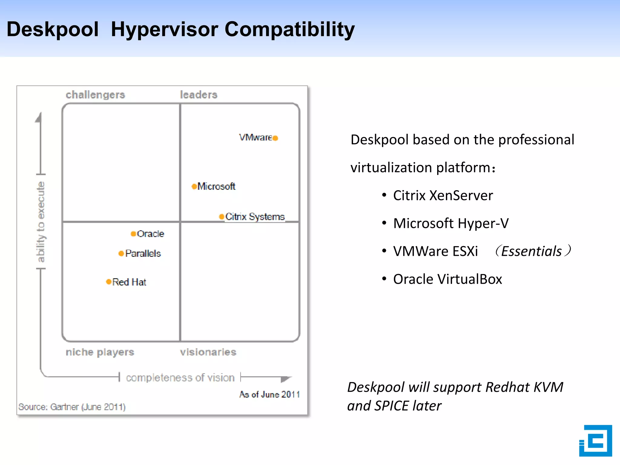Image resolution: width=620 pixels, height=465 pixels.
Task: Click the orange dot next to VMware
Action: pyautogui.click(x=275, y=138)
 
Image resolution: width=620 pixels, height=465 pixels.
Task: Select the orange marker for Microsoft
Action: pyautogui.click(x=194, y=186)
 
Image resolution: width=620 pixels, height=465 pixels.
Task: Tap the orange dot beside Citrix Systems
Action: pyautogui.click(x=222, y=216)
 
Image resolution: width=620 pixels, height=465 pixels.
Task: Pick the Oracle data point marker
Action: pyautogui.click(x=133, y=234)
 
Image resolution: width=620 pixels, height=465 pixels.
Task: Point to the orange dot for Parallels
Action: pyautogui.click(x=121, y=253)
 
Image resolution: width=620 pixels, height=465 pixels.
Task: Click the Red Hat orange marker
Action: pyautogui.click(x=109, y=282)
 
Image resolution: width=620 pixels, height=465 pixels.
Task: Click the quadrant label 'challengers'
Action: pyautogui.click(x=95, y=95)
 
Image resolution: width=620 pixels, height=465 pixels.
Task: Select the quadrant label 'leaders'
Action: pyautogui.click(x=199, y=95)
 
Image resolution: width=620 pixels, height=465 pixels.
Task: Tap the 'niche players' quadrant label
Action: pyautogui.click(x=100, y=352)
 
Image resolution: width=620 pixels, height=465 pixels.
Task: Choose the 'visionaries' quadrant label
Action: pyautogui.click(x=208, y=352)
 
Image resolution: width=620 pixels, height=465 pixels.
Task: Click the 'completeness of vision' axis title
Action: pyautogui.click(x=180, y=378)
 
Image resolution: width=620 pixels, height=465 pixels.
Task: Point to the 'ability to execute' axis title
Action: pyautogui.click(x=41, y=222)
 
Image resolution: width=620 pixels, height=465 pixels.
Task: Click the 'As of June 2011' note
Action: pyautogui.click(x=269, y=394)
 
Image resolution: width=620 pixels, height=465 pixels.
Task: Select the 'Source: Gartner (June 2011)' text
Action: pyautogui.click(x=72, y=407)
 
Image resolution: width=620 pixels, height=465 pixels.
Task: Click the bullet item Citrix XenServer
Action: pyautogui.click(x=443, y=196)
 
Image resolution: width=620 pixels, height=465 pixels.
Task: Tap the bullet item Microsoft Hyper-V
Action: pyautogui.click(x=450, y=223)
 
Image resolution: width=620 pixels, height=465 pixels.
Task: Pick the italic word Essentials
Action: pyautogui.click(x=531, y=251)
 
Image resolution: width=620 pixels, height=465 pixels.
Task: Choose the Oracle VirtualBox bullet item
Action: pyautogui.click(x=447, y=279)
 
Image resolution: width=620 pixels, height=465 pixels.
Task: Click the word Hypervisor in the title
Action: pyautogui.click(x=165, y=30)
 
